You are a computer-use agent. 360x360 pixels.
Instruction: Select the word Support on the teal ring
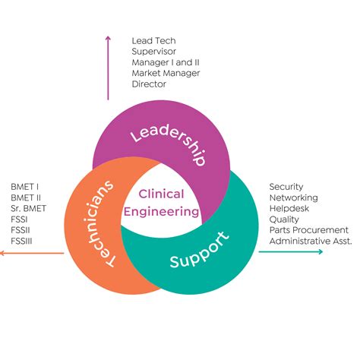tap(198, 253)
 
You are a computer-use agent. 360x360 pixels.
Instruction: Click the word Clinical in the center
tap(161, 194)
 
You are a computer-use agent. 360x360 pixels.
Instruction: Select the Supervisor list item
tap(155, 51)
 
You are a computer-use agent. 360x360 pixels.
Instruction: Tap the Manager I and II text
tap(166, 62)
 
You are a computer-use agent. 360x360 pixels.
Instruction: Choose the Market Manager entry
tap(166, 73)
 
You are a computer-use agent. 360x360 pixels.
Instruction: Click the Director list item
tap(149, 84)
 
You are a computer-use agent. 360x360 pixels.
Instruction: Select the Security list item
tap(286, 187)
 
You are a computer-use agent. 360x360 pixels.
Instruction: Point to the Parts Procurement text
tap(308, 230)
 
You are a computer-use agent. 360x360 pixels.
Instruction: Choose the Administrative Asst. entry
tap(310, 241)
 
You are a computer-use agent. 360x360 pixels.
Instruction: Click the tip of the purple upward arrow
tap(108, 37)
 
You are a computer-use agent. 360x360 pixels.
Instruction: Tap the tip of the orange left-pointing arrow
tap(2, 251)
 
